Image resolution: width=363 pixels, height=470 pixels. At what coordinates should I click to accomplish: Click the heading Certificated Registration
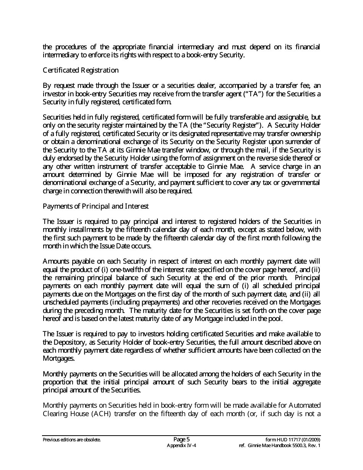(x=81, y=70)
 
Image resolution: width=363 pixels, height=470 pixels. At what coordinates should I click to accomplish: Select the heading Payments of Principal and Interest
(x=96, y=206)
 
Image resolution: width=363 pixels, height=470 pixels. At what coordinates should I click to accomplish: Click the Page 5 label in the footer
(x=181, y=439)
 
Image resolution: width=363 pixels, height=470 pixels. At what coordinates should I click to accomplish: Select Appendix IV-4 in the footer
(x=181, y=446)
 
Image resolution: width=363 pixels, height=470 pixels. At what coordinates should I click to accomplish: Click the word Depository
(x=67, y=342)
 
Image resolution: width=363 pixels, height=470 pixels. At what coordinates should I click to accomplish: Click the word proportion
(x=58, y=382)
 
